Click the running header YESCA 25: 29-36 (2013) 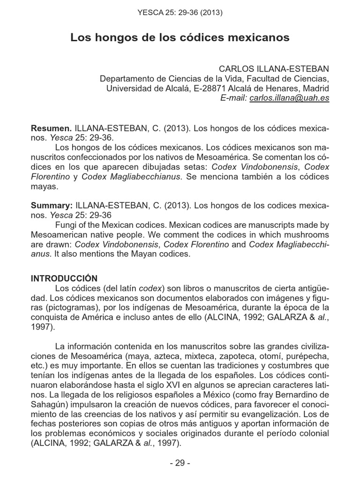pyautogui.click(x=180, y=13)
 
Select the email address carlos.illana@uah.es pyautogui.click(x=289, y=98)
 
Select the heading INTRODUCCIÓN pyautogui.click(x=64, y=278)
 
